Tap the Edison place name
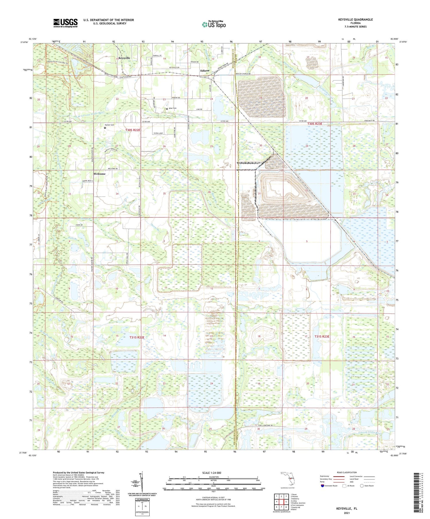tap(205, 70)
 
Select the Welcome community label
tap(99, 174)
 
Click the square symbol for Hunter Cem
tap(105, 128)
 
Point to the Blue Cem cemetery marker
tap(167, 108)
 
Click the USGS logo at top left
tap(65, 23)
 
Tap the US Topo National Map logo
tap(214, 25)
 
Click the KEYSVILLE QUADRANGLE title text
tap(355, 19)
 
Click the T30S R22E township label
tap(133, 130)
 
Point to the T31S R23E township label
tap(322, 336)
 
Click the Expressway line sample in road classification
tap(339, 477)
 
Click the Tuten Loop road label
tap(158, 133)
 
